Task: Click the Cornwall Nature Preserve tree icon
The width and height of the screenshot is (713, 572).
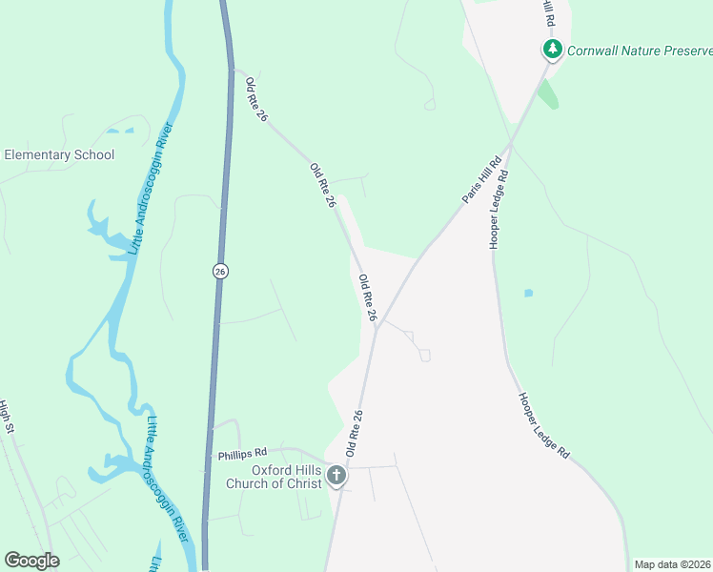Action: (x=551, y=48)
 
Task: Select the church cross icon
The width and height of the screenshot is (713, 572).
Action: (x=336, y=475)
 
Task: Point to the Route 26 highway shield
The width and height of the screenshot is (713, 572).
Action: (x=220, y=272)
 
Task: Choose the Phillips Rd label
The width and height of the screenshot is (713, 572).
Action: (x=242, y=455)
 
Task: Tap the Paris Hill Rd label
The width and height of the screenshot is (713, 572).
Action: (x=481, y=179)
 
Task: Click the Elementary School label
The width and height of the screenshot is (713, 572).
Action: (x=59, y=154)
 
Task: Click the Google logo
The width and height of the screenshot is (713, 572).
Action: (x=31, y=561)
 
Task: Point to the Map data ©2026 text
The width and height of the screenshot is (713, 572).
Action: (x=672, y=564)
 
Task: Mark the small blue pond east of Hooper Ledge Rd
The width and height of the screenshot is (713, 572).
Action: (x=528, y=293)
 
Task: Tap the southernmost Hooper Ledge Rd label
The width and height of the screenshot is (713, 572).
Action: (x=543, y=426)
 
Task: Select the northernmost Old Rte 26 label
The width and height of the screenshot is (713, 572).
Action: (x=253, y=96)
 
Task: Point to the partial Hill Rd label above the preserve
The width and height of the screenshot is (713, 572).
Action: (x=546, y=14)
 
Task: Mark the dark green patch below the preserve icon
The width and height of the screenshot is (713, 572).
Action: (x=547, y=93)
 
